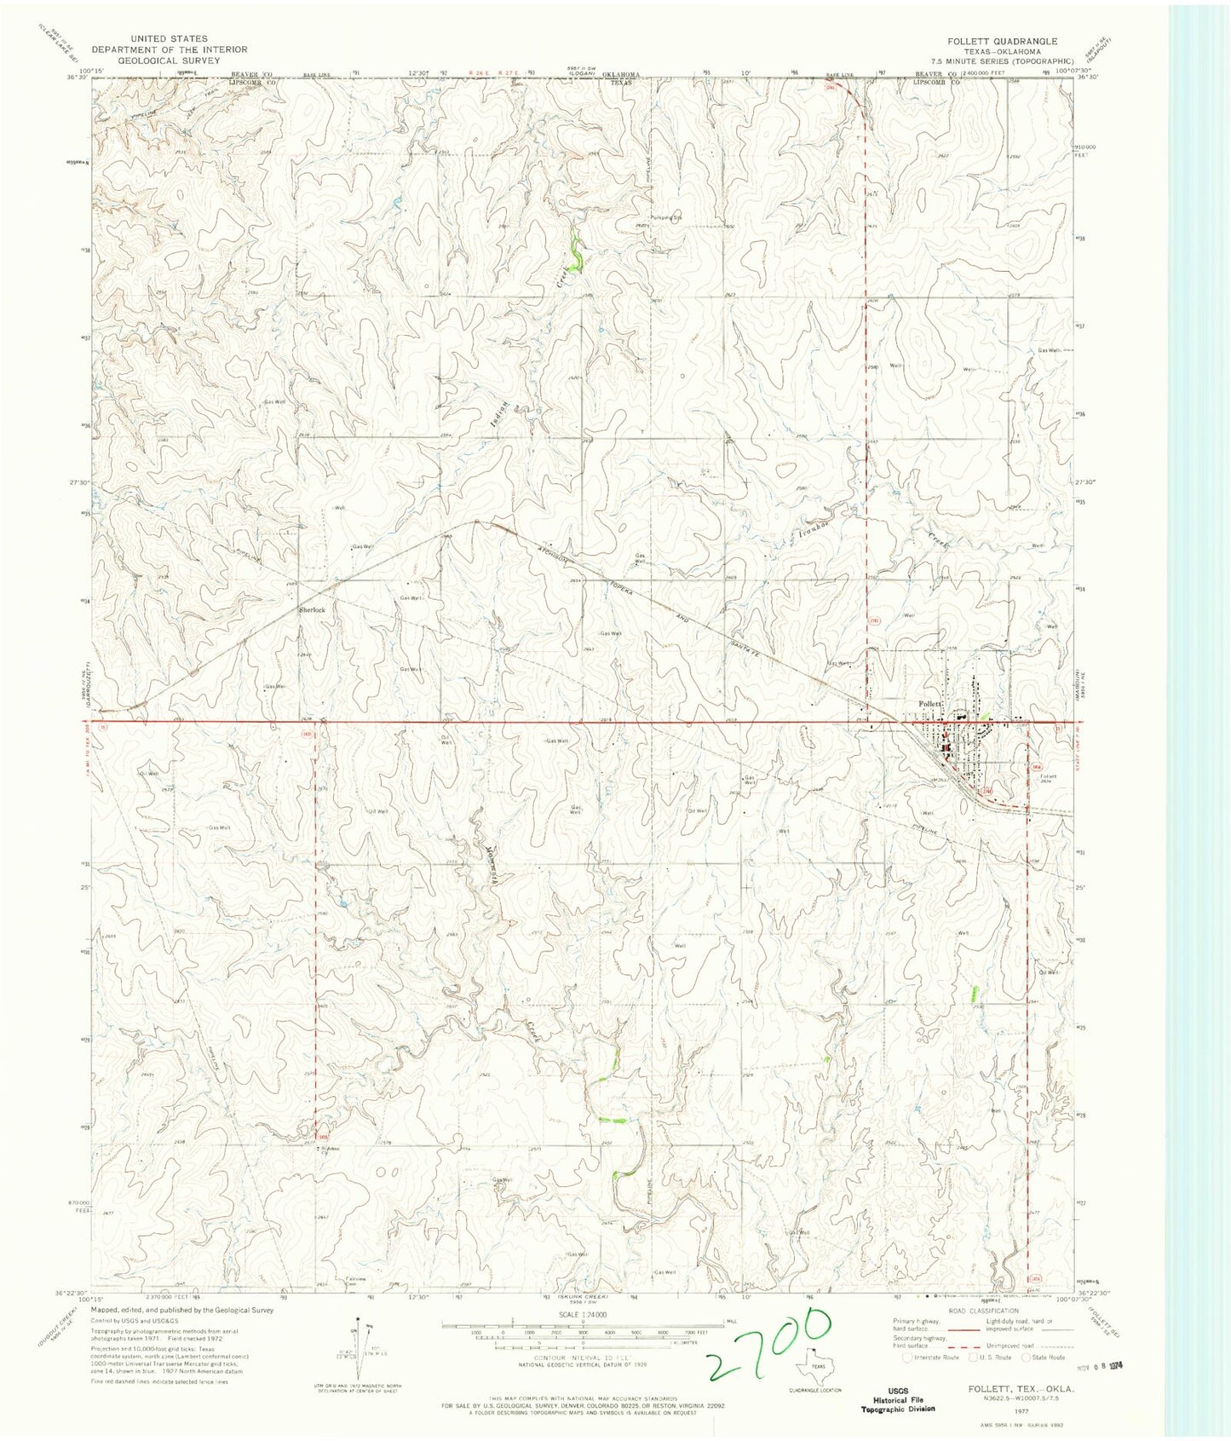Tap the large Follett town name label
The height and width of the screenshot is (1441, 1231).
click(x=930, y=704)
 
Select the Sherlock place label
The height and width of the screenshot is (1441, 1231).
click(x=311, y=610)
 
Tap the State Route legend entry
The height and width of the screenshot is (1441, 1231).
click(x=1047, y=1357)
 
